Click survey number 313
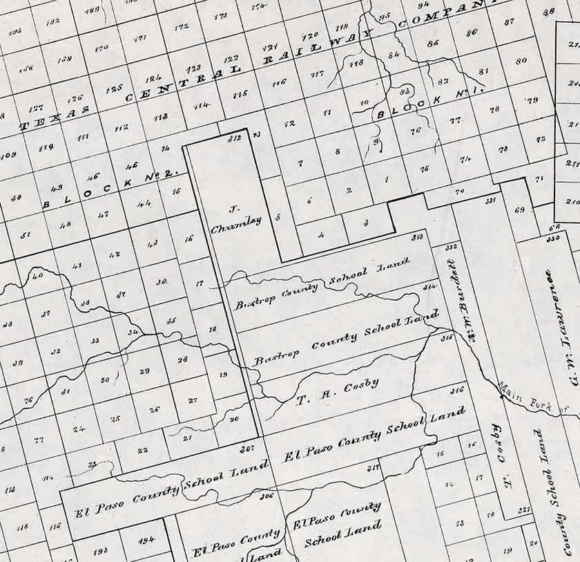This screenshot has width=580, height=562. (x=417, y=237)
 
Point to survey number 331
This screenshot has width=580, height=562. (x=491, y=200)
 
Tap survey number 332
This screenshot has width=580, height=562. (x=452, y=247)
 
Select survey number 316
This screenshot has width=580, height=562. (x=456, y=391)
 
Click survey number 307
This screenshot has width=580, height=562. (x=247, y=449)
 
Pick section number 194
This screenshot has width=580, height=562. (x=146, y=540)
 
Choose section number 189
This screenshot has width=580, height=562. (x=91, y=10)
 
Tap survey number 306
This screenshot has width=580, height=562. (x=267, y=495)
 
